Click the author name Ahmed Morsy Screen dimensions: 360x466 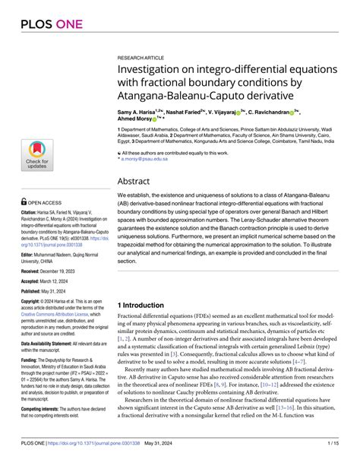click(134, 119)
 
